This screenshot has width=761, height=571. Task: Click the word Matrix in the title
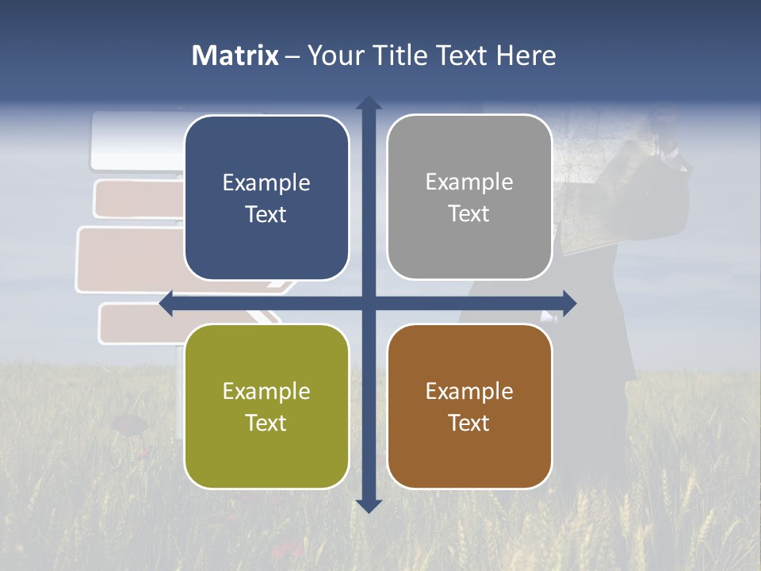click(x=235, y=56)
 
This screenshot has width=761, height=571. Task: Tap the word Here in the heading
click(x=526, y=56)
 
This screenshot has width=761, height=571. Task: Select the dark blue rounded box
click(x=266, y=197)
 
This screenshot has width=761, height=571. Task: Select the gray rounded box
click(x=469, y=197)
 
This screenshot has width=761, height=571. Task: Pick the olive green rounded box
click(x=266, y=406)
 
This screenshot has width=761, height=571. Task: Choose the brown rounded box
click(x=469, y=406)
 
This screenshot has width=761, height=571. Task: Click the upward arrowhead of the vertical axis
click(x=369, y=102)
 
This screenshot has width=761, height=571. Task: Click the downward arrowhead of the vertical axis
click(x=369, y=505)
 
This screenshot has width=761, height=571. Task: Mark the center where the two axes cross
click(x=369, y=303)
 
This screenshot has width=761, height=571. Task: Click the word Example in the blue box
click(x=266, y=183)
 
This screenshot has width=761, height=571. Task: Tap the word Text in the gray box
click(x=469, y=214)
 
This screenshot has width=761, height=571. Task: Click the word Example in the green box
click(x=266, y=392)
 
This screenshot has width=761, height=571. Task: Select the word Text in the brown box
click(x=469, y=423)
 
